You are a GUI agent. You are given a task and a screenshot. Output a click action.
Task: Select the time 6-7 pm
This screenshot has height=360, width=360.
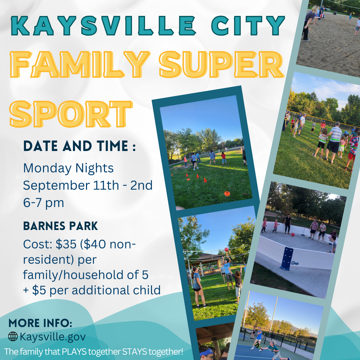pos(43,203)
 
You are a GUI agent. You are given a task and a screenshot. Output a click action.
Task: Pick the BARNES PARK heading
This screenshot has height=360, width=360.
pos(60,226)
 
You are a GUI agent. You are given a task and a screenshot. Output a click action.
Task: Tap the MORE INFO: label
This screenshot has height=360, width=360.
pos(40,323)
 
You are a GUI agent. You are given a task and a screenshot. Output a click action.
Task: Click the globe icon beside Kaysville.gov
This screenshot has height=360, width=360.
pos(13,337)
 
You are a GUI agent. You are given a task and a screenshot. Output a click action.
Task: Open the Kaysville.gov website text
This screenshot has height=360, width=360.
pos(53,337)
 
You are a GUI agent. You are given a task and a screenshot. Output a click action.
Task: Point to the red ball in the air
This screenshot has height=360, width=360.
pos(226,249)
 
